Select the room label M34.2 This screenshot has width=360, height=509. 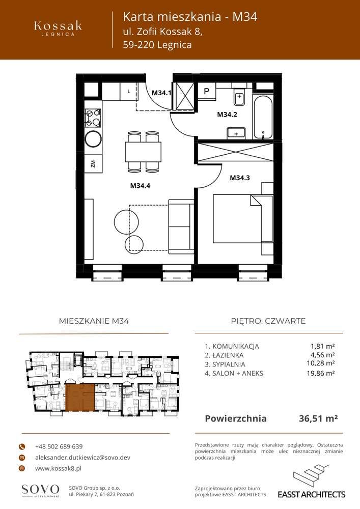tap(227, 115)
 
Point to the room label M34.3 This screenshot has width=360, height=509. tap(240, 178)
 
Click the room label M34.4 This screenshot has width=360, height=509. tap(141, 186)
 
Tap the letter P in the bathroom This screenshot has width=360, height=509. tap(207, 92)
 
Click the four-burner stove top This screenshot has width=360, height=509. tap(93, 118)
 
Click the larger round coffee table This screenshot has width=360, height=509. tap(125, 220)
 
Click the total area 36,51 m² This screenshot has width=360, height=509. tap(318, 419)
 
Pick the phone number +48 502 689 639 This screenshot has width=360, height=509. tap(59, 446)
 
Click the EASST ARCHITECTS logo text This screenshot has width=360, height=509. tap(311, 494)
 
